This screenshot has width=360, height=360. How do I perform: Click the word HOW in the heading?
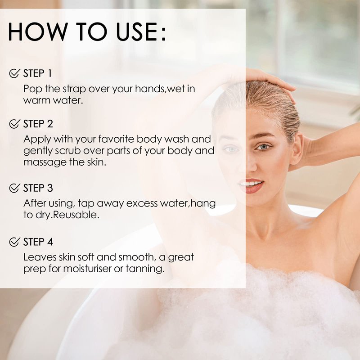click(x=38, y=31)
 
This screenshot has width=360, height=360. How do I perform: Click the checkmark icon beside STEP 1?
click(x=14, y=73)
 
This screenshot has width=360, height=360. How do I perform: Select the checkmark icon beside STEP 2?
click(x=14, y=124)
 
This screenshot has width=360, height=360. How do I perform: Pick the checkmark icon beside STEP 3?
click(x=14, y=188)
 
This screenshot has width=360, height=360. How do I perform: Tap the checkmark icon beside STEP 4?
click(x=14, y=242)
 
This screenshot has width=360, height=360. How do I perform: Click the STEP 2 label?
click(x=38, y=124)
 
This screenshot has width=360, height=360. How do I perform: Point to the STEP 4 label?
click(x=38, y=242)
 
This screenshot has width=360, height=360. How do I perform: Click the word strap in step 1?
click(x=74, y=89)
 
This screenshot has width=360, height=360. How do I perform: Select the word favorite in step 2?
click(x=116, y=139)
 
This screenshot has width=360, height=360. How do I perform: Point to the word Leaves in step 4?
click(x=40, y=257)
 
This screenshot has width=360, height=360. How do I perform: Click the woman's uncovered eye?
click(x=264, y=147)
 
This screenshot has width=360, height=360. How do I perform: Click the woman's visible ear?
click(x=297, y=151)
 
